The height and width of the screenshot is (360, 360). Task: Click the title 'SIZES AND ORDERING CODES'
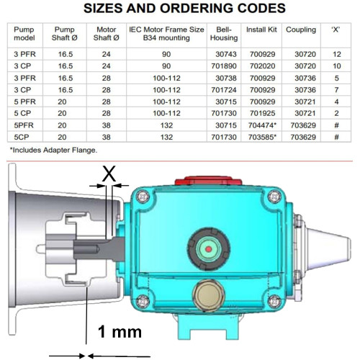pos(184,9)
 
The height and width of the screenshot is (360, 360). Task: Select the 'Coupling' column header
pos(301,30)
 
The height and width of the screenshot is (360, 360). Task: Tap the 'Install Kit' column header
pos(261,30)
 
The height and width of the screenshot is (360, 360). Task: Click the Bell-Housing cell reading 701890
pos(224,66)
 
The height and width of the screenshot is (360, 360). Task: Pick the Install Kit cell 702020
pos(262,66)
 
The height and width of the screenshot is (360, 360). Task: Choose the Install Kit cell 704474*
pos(262,125)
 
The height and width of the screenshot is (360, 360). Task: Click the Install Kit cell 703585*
pos(262,137)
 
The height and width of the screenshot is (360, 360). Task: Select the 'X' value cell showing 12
pos(337,54)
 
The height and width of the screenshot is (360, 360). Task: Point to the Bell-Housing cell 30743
pos(226,54)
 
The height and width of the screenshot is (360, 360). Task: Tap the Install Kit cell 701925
pos(262,113)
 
